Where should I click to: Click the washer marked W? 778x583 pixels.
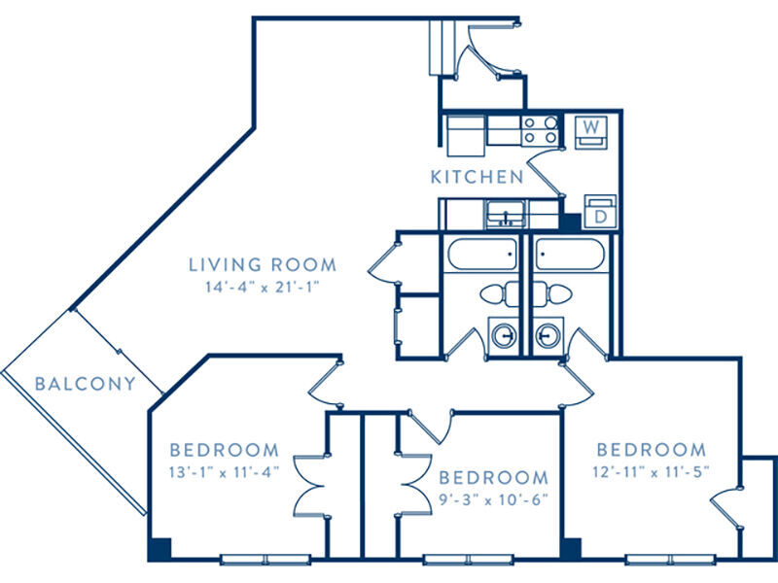coord(591,132)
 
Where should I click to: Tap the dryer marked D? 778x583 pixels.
coord(600,211)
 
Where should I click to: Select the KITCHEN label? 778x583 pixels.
coord(477,177)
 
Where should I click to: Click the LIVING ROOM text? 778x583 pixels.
coord(263,264)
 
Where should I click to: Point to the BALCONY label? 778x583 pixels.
coord(86,384)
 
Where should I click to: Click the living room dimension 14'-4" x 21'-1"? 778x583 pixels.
coord(262,287)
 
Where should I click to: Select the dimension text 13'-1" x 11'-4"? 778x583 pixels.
coord(225,472)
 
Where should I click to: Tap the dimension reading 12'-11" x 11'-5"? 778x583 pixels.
coord(651,471)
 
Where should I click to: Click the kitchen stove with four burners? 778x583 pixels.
coord(541,130)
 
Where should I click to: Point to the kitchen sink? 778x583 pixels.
coord(506,214)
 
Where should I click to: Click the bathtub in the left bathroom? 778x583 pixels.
coord(482,255)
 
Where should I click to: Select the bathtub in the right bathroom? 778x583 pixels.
coord(570,255)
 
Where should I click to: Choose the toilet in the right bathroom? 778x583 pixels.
coord(552,293)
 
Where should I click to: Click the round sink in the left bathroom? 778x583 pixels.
coord(504,335)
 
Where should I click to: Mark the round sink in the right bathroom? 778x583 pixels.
coord(548,335)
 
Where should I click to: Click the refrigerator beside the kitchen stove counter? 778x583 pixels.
coord(466,135)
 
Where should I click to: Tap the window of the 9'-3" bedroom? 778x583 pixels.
coord(469,560)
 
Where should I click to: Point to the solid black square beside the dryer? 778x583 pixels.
coord(571,223)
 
